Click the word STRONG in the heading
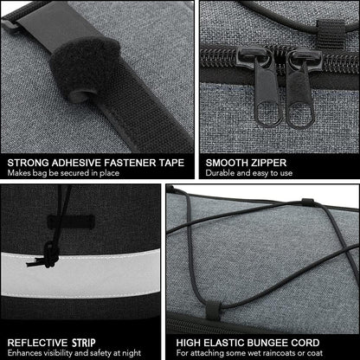(28, 163)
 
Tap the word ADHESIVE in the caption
(76, 163)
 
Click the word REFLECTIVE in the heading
(37, 343)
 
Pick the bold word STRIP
(84, 343)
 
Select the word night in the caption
(131, 353)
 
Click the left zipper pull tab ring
(268, 115)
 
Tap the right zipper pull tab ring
(300, 116)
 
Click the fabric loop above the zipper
(331, 34)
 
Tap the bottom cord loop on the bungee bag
(214, 311)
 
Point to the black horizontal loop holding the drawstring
(71, 222)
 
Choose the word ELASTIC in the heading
(226, 343)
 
